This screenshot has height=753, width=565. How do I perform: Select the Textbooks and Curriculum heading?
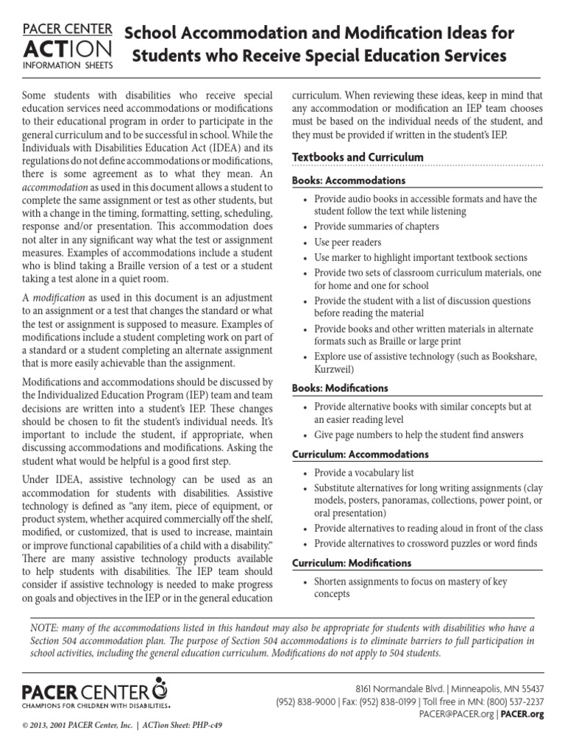358,157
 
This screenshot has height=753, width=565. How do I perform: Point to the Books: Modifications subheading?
340,388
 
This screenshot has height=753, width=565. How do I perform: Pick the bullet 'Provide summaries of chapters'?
376,226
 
